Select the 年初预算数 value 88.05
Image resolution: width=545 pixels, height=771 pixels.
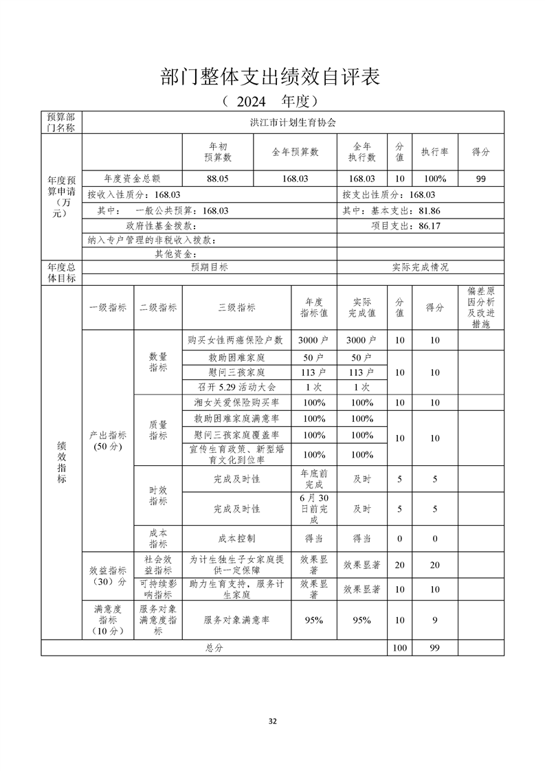(218, 179)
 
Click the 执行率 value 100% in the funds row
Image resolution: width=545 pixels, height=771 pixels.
(434, 179)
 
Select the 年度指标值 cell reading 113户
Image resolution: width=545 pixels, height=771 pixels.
(314, 372)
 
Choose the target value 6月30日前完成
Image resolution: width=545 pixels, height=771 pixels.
(314, 509)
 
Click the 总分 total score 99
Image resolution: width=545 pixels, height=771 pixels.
(434, 648)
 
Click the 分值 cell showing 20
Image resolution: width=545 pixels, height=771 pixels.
(399, 565)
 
